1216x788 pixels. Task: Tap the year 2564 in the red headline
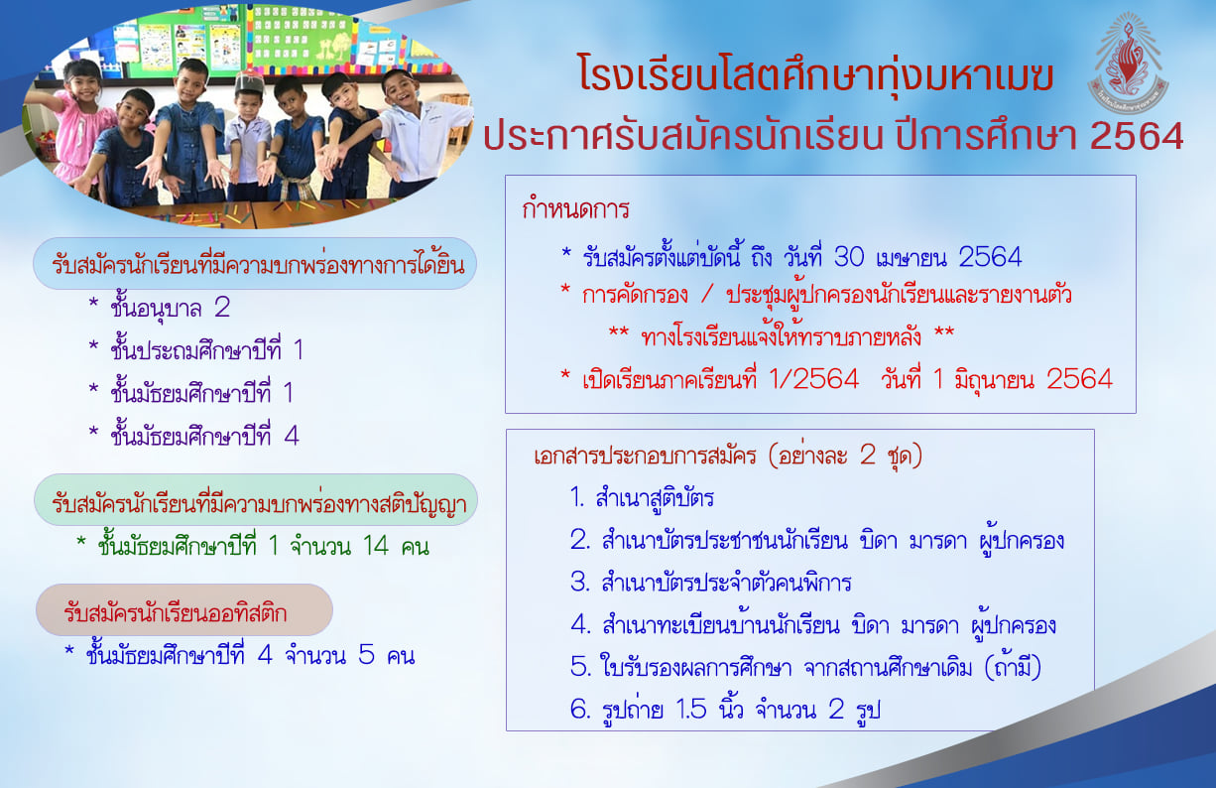pos(1137,136)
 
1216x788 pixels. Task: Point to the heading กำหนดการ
pos(575,209)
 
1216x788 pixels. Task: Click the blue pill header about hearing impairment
pos(255,263)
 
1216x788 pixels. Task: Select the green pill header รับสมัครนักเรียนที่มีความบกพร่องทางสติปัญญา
pos(256,500)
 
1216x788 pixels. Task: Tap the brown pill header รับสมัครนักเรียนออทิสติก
pos(184,610)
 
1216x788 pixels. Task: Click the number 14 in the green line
pos(376,546)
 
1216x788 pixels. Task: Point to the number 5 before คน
pos(366,655)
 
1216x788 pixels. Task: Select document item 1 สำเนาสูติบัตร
pos(642,498)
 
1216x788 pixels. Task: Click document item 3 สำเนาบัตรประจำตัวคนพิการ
pos(710,583)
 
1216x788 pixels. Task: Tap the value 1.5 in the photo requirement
pos(691,710)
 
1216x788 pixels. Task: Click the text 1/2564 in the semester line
pos(814,379)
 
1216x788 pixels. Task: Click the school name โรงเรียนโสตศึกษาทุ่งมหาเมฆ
pos(816,77)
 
